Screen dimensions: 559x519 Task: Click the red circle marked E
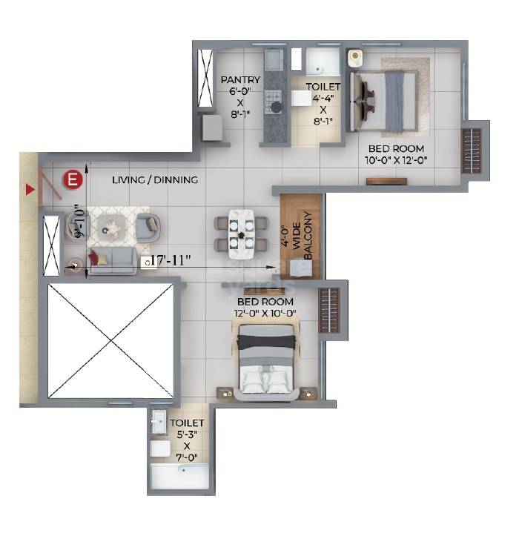[x=72, y=179]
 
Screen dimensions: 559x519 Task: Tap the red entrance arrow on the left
[x=30, y=190]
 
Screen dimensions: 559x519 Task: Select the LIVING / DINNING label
[x=155, y=179]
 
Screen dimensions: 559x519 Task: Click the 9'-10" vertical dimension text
[x=78, y=221]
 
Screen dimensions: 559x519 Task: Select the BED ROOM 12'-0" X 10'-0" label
[x=265, y=308]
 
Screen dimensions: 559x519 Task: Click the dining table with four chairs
[x=241, y=234]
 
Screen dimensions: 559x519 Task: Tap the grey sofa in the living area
[x=113, y=259]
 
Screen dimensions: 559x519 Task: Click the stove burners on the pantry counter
[x=274, y=100]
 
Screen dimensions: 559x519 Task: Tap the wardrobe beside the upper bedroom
[x=472, y=150]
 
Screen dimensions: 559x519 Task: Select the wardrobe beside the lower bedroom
[x=328, y=310]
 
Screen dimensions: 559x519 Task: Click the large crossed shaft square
[x=110, y=340]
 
